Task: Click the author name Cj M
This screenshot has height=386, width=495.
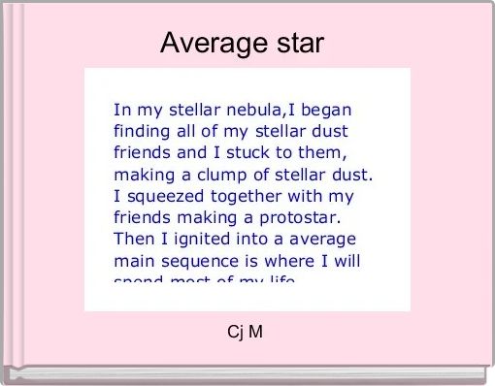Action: coord(245,333)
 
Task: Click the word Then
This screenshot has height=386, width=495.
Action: coord(132,239)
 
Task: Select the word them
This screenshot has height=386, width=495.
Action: coord(319,151)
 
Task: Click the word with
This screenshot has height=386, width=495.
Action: coord(312,195)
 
